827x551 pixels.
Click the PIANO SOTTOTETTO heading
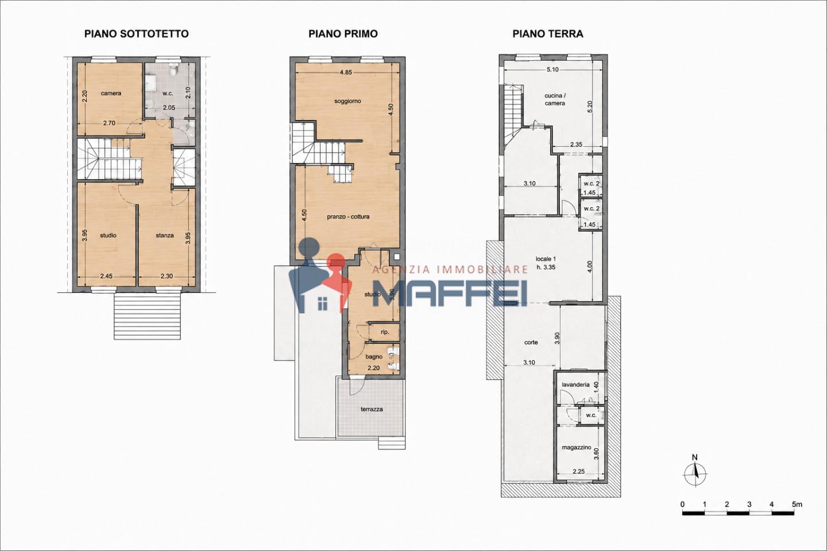pyautogui.click(x=137, y=34)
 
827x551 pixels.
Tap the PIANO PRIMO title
pyautogui.click(x=343, y=34)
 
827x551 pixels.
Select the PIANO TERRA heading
pyautogui.click(x=548, y=34)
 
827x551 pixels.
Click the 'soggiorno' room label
pyautogui.click(x=347, y=101)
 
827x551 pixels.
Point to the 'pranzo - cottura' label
pyautogui.click(x=348, y=216)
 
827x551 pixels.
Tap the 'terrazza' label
pyautogui.click(x=372, y=409)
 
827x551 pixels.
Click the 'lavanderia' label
pyautogui.click(x=575, y=385)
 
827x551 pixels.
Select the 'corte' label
pyautogui.click(x=531, y=343)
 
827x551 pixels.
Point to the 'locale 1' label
pyautogui.click(x=546, y=259)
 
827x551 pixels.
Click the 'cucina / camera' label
pyautogui.click(x=555, y=100)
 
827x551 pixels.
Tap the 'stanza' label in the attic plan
pyautogui.click(x=165, y=235)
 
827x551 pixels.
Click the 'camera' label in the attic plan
pyautogui.click(x=111, y=94)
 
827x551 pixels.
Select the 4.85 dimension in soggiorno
pyautogui.click(x=346, y=72)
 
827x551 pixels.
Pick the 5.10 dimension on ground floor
pyautogui.click(x=552, y=69)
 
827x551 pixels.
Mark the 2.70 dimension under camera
pyautogui.click(x=109, y=123)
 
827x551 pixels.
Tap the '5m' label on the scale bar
pyautogui.click(x=797, y=505)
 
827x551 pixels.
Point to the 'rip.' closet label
pyautogui.click(x=385, y=332)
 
